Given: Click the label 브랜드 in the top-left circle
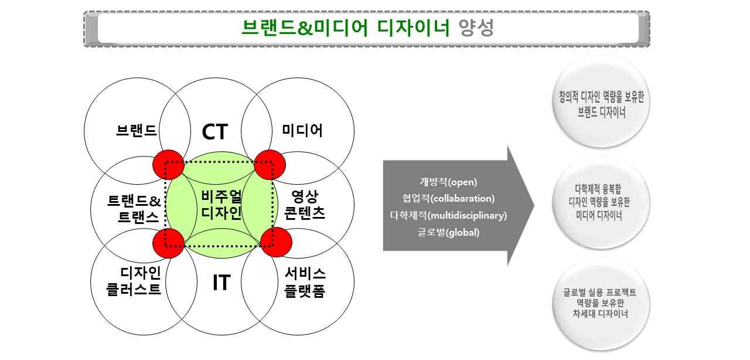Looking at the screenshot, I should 137,130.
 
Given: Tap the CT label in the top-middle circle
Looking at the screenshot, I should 214,132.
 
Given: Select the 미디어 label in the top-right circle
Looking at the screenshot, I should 302,130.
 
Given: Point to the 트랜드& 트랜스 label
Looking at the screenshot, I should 134,209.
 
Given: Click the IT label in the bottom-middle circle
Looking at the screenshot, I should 221,283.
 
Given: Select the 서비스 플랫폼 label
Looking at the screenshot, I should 305,282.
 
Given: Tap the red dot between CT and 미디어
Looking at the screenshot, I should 270,165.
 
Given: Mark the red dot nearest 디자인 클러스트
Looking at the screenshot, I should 168,242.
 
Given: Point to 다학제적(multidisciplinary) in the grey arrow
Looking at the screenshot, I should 448,215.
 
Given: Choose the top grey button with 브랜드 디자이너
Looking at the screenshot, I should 601,104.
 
